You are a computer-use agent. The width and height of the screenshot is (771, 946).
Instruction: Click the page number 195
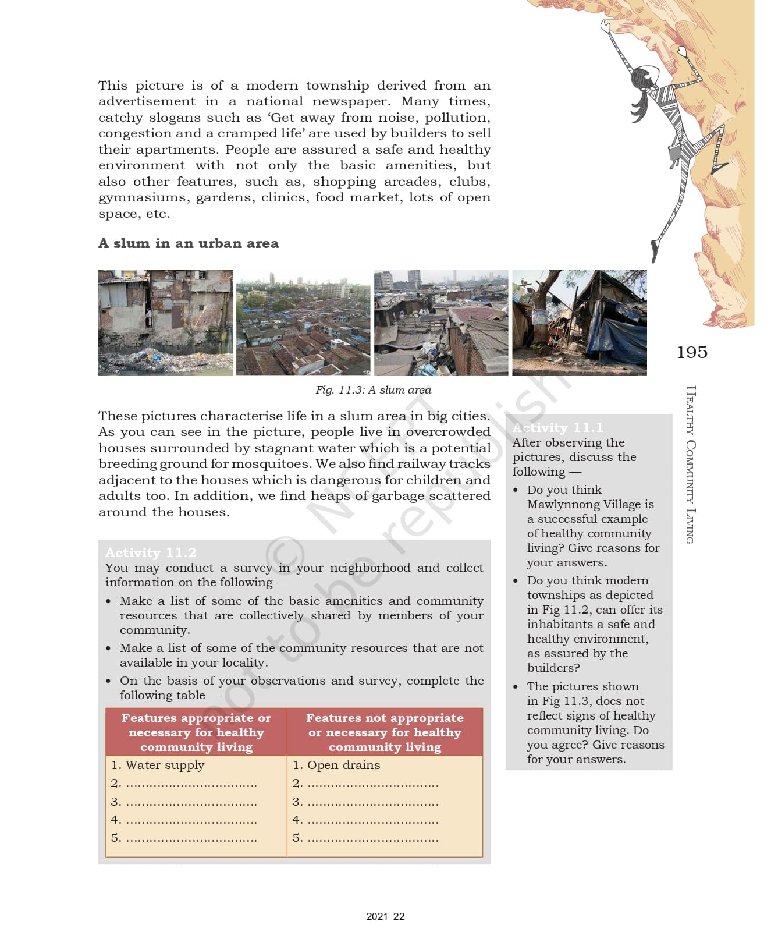pos(692,352)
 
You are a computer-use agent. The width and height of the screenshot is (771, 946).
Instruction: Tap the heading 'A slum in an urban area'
pos(188,243)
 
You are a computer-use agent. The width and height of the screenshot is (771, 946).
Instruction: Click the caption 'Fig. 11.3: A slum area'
pos(373,390)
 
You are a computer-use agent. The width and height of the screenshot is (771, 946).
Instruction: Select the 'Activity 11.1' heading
pos(557,428)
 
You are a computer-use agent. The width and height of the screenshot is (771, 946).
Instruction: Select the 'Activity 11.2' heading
pos(151,552)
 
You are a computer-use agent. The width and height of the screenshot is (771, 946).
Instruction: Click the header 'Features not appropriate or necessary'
pos(385,732)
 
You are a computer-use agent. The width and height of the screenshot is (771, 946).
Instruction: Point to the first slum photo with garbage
pos(165,323)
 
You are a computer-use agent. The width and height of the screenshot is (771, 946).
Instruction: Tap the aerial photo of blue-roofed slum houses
pos(303,323)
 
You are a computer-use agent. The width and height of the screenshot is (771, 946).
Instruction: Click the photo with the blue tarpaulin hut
pos(580,323)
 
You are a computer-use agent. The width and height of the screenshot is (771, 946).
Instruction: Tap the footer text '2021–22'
pos(385,916)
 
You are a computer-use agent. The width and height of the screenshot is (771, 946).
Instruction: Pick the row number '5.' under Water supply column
pos(116,838)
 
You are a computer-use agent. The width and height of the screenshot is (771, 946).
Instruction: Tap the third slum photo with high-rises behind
pos(441,323)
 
